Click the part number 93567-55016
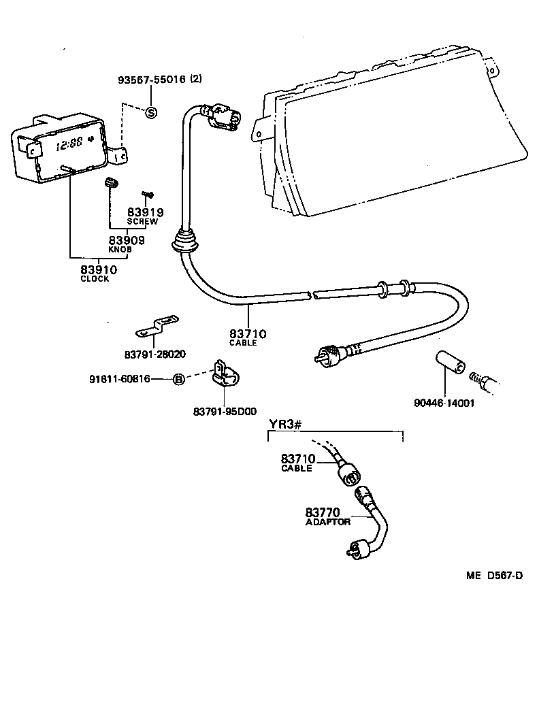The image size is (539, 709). (x=152, y=80)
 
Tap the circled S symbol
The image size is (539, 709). (x=151, y=112)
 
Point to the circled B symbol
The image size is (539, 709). (x=179, y=380)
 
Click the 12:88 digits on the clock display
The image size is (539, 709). (x=69, y=145)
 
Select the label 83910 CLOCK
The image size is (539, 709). (x=99, y=273)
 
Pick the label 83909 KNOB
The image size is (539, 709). (x=127, y=244)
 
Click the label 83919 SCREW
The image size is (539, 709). (x=145, y=216)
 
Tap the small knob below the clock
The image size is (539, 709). (x=110, y=182)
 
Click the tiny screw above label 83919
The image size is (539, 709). (x=148, y=194)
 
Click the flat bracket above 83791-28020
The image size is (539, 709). (x=157, y=325)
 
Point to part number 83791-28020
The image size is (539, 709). (x=155, y=354)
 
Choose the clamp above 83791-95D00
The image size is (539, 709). (x=226, y=375)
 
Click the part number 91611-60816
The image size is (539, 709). (x=119, y=379)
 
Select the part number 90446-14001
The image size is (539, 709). (x=444, y=402)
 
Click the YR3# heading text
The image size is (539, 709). (x=285, y=424)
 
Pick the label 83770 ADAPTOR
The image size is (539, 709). (x=328, y=516)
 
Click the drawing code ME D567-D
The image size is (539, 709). (x=495, y=576)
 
